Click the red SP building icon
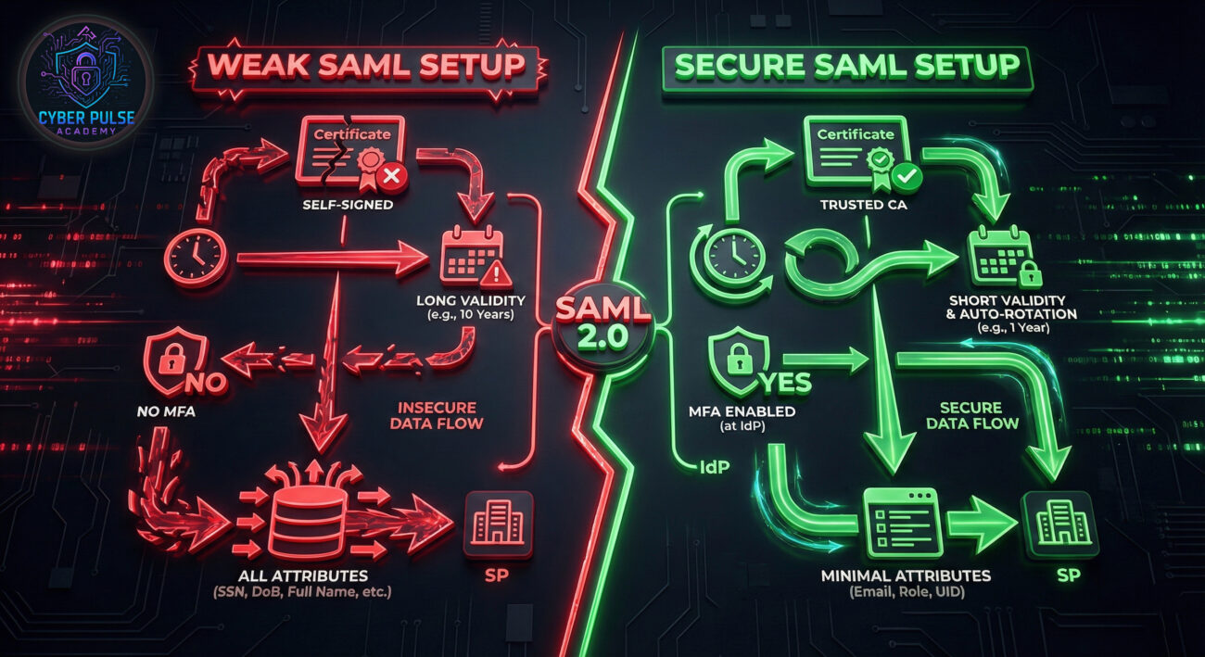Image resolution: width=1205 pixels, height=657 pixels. (x=498, y=524)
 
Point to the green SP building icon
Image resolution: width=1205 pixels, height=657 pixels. (x=1059, y=524)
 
